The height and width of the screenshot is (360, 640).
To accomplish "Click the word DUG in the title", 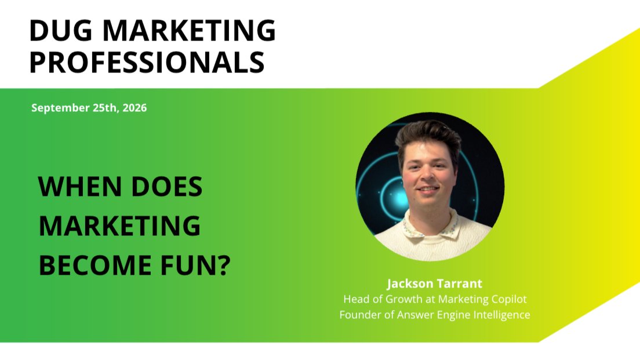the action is (61, 30).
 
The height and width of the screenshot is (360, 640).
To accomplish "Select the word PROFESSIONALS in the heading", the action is (147, 62).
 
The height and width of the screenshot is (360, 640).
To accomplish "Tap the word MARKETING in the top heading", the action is (189, 30).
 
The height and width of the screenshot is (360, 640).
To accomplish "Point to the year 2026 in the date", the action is (134, 108).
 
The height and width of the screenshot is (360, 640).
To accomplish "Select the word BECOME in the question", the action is (96, 266).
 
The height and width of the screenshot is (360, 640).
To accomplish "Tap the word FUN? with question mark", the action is (196, 266).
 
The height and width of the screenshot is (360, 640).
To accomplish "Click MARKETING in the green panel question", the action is (119, 226).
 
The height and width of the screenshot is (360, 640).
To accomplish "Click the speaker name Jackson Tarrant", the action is (435, 283).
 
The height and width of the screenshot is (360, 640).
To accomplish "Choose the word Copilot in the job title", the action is (509, 299).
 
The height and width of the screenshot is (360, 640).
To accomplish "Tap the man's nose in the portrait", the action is (428, 176).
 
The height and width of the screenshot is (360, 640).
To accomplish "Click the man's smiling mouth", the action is (428, 190).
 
